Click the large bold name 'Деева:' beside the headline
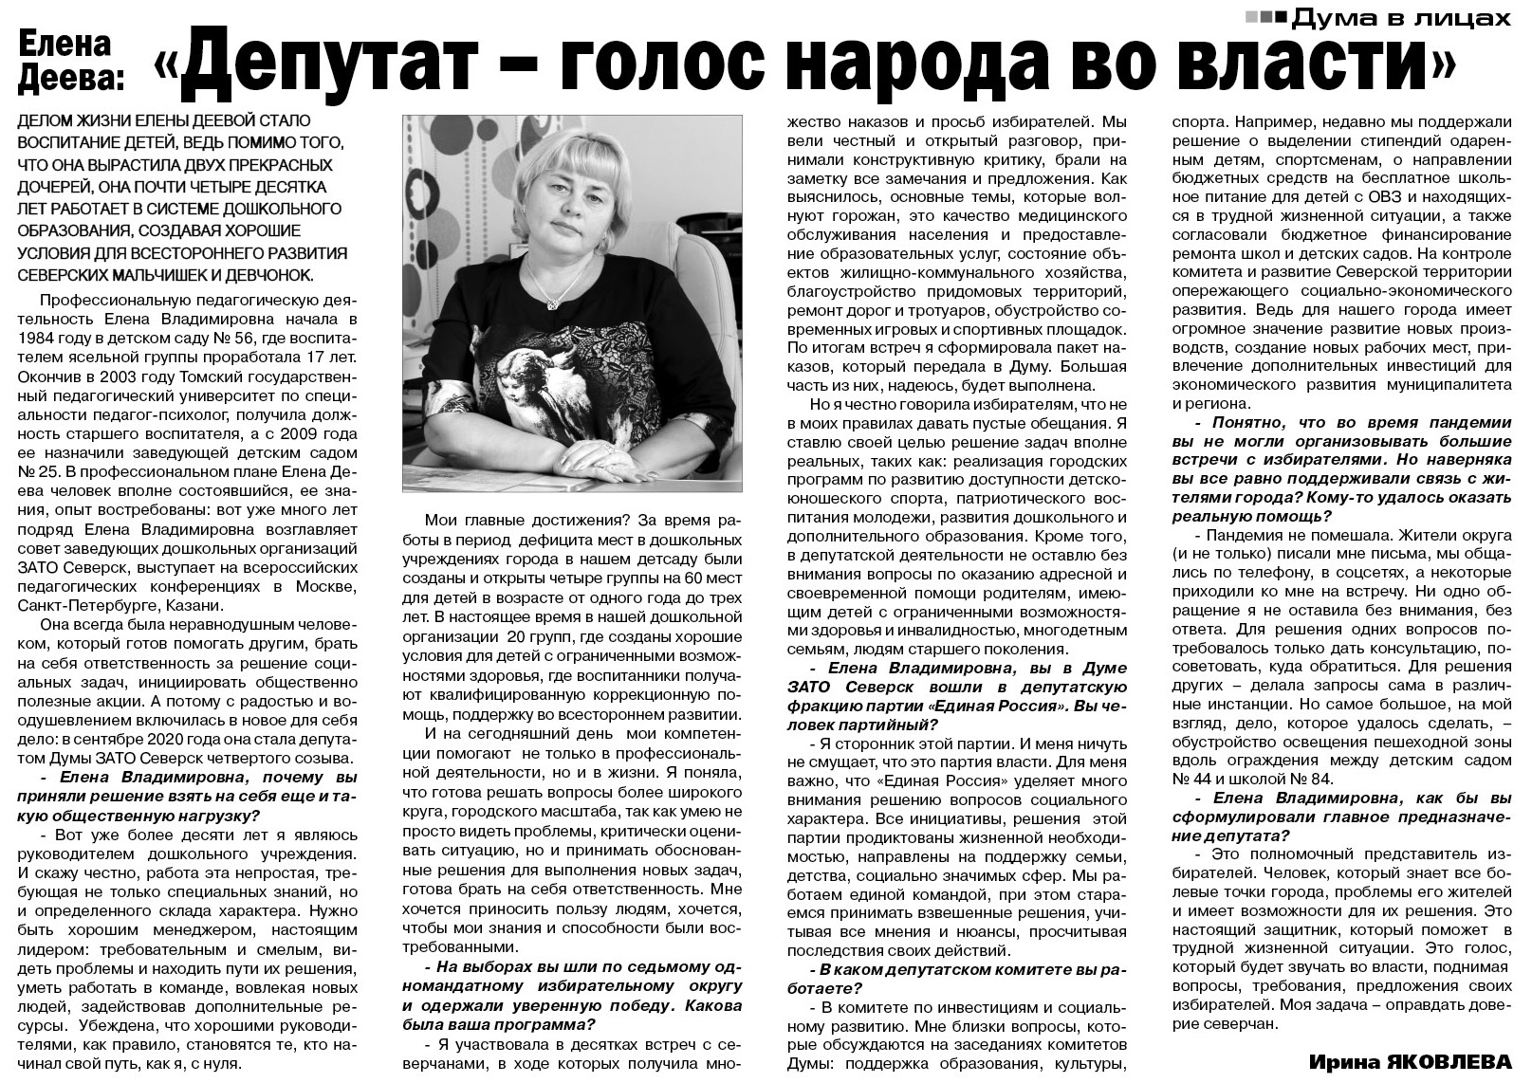click(x=73, y=81)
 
